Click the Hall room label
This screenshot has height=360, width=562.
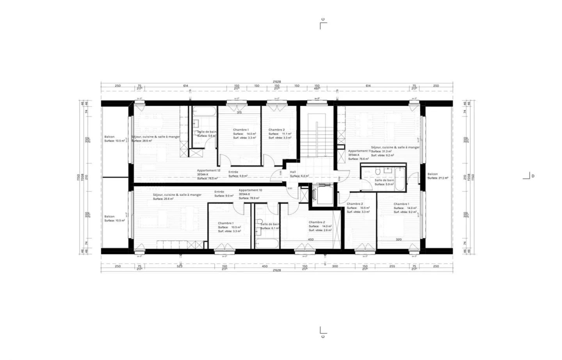(x=293, y=172)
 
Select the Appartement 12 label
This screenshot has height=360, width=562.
(x=208, y=170)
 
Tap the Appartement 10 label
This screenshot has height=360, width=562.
(x=250, y=190)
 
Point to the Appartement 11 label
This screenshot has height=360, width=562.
(x=359, y=151)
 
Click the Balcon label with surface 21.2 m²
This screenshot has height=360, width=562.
(x=432, y=174)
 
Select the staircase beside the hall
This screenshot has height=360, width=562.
(x=316, y=133)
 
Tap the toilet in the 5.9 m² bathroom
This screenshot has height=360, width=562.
(x=378, y=171)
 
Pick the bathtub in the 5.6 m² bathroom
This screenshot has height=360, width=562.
(x=204, y=112)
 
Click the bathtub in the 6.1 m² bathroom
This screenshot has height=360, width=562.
(x=267, y=244)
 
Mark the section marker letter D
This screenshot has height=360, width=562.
(x=533, y=176)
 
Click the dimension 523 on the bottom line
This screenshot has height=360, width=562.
(x=180, y=266)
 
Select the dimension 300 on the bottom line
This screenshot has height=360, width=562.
(x=335, y=266)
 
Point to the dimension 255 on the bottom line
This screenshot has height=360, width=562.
(x=392, y=266)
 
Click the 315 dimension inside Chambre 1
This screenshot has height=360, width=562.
(x=239, y=113)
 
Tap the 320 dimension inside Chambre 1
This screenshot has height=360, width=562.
(x=398, y=239)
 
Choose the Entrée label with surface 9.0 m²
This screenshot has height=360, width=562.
(x=219, y=192)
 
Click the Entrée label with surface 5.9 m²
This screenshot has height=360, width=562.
(x=233, y=172)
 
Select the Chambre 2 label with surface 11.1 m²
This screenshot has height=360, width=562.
(x=276, y=130)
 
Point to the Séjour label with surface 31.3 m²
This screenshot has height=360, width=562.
(x=395, y=147)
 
